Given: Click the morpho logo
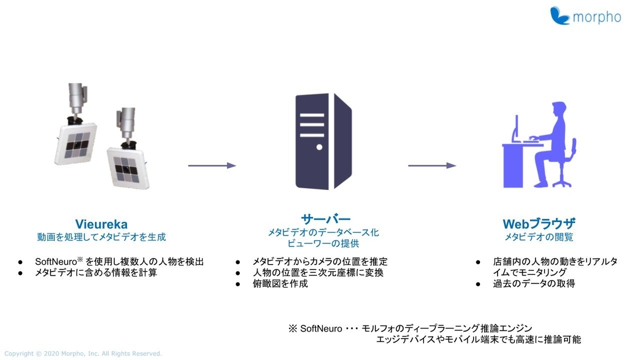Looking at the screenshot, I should [x=586, y=16].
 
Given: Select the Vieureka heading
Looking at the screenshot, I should [x=101, y=223].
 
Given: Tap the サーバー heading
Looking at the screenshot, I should [x=325, y=219].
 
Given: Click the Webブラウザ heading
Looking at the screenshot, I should [x=539, y=223].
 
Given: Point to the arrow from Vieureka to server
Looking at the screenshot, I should [x=212, y=165].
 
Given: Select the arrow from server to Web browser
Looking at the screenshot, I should [x=432, y=165].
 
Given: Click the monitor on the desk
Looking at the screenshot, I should [x=516, y=128].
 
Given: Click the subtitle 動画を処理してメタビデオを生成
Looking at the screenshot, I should [x=101, y=236].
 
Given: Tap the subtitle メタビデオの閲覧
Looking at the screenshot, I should [x=539, y=236].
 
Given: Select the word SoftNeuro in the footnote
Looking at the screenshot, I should [x=321, y=328].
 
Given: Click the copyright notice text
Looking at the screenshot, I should [x=83, y=354].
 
